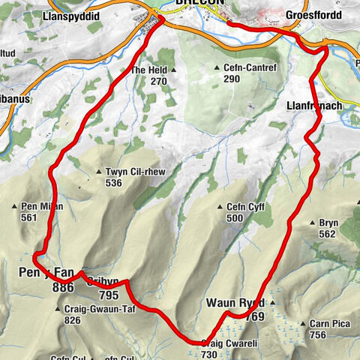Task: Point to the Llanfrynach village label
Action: [x=314, y=107]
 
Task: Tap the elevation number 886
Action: [x=63, y=287]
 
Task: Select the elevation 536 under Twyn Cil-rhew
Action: [x=114, y=182]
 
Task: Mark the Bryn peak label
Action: [x=328, y=222]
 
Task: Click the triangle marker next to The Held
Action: [x=173, y=70]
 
